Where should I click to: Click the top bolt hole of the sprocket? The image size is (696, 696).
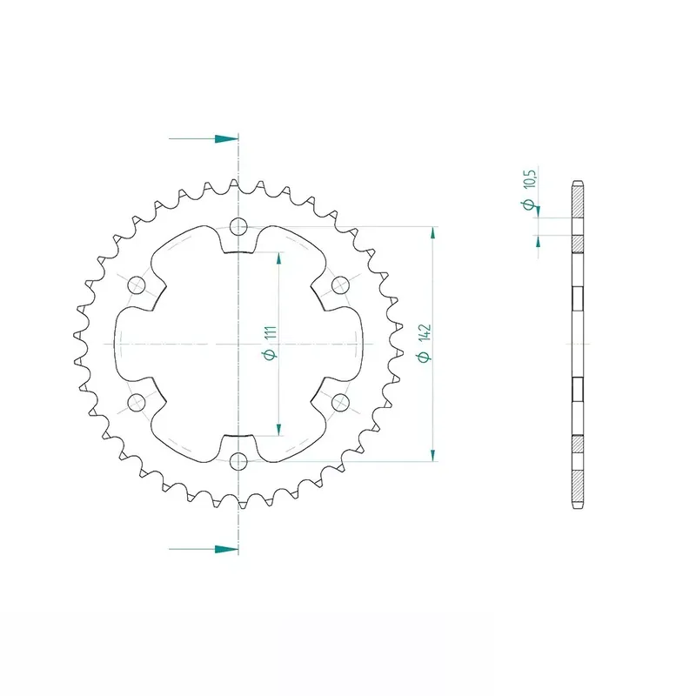point(238,227)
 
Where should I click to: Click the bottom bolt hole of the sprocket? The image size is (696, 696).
point(238,462)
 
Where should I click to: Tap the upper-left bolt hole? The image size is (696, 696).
point(137,285)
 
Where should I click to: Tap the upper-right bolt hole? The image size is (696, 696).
point(340,285)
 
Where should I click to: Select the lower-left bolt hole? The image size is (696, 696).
point(137,403)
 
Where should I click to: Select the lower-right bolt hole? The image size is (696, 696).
point(340,403)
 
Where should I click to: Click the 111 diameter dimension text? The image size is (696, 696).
point(271,332)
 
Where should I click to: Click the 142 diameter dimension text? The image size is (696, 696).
point(425,332)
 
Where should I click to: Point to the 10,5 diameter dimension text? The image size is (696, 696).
point(530,178)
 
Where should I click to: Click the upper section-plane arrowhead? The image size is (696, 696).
point(226,139)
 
